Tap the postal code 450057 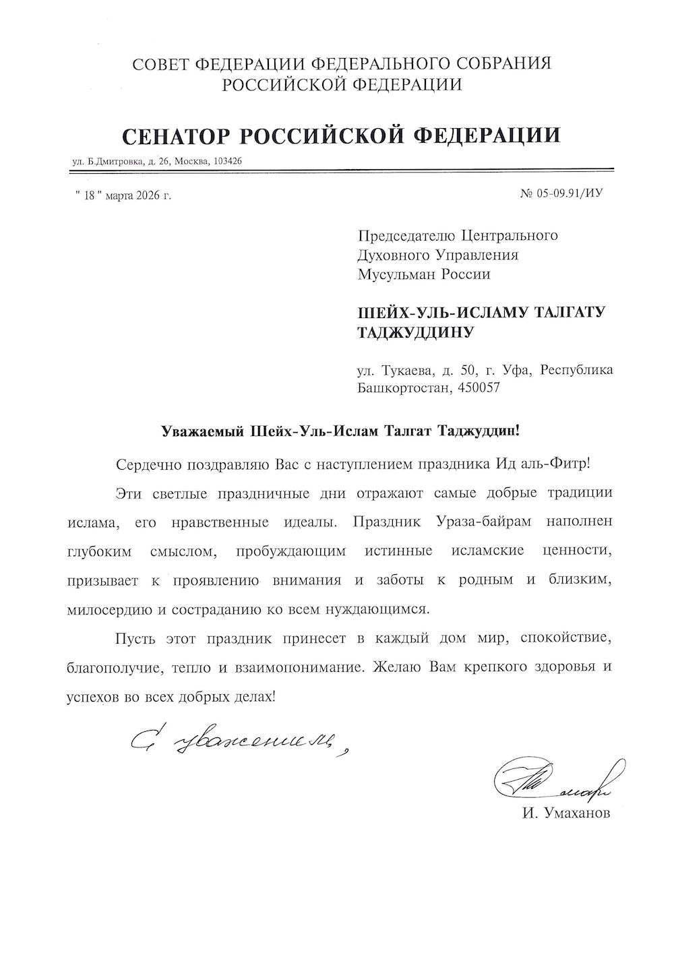click(479, 388)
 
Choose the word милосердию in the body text click(104, 609)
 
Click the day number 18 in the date click(88, 196)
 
